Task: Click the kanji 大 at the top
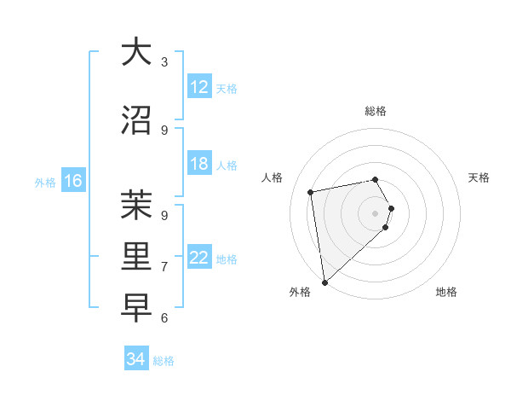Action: [x=136, y=52]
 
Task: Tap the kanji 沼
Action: [x=136, y=120]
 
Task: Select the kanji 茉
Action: [x=136, y=206]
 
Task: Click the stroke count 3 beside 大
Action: [x=164, y=61]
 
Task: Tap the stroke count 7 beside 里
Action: [x=164, y=266]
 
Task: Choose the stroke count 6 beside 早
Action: [x=164, y=317]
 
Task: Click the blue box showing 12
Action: [x=199, y=87]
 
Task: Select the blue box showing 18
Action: [x=199, y=164]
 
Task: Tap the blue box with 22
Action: [x=199, y=258]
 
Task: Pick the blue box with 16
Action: [x=72, y=181]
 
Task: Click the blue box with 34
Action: [x=136, y=359]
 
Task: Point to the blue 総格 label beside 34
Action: [x=164, y=361]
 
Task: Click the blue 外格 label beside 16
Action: [x=45, y=182]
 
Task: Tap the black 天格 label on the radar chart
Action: [x=479, y=177]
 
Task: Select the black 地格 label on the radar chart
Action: [x=446, y=292]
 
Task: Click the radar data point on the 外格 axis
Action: [x=324, y=282]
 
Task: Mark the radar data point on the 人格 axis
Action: [x=311, y=192]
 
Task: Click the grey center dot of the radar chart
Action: [x=375, y=212]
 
